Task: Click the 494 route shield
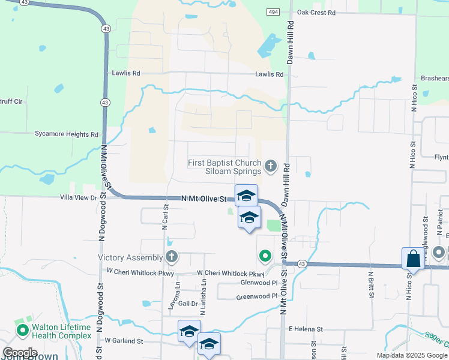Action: [x=274, y=12]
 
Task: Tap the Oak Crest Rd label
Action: [x=315, y=12]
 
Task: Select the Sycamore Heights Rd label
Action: [x=66, y=135]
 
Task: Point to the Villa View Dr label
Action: [x=78, y=197]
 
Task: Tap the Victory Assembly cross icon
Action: [x=172, y=257]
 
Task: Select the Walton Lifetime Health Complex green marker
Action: [x=22, y=330]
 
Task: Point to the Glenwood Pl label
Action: [x=259, y=283]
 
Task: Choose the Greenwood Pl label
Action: [x=257, y=296]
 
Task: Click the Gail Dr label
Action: [x=188, y=304]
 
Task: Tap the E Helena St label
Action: [x=306, y=329]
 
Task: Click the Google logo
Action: [x=20, y=353]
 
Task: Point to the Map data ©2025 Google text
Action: [x=412, y=355]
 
